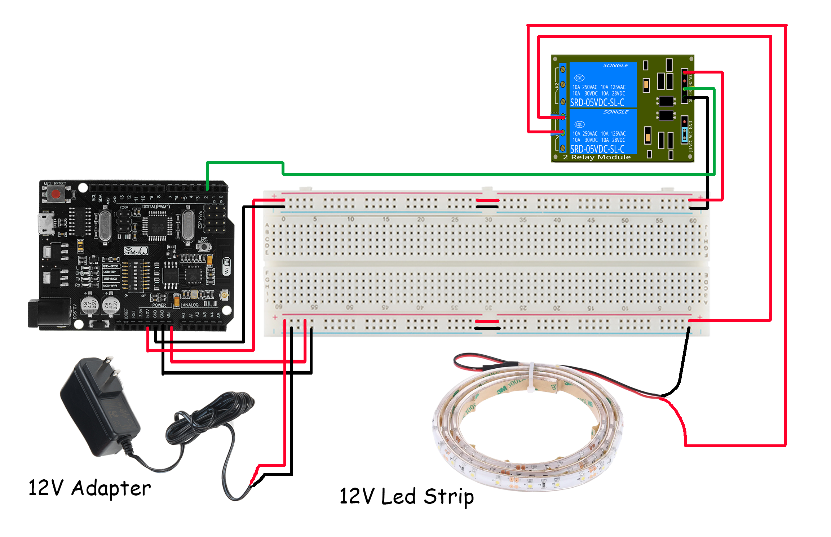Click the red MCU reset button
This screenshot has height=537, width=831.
pos(56,194)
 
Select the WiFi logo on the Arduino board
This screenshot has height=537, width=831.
pos(226,267)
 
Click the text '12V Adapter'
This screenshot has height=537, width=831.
pos(89,488)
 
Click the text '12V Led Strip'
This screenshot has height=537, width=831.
pos(406,496)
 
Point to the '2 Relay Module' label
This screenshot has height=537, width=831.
pos(597,157)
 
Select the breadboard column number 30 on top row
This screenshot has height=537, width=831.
pos(488,219)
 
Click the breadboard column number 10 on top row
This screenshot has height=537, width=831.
pos(350,219)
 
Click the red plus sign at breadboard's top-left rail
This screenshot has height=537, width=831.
pos(274,196)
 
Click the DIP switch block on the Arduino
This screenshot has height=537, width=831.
pos(135,276)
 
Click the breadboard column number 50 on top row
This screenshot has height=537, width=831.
pos(625,220)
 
